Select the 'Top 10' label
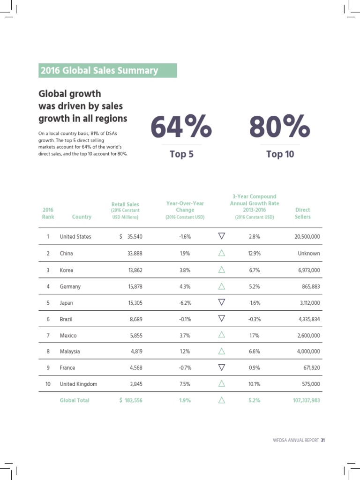coord(280,154)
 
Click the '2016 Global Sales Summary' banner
coord(107,70)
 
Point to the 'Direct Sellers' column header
coord(302,213)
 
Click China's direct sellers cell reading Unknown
coord(308,253)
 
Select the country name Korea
coord(67,270)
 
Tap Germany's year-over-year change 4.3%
coord(184,286)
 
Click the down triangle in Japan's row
coord(222,302)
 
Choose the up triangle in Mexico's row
coord(222,335)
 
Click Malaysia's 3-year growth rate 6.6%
coord(254,352)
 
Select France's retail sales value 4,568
coord(135,368)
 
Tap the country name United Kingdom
coord(78,384)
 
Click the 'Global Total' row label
coord(74,400)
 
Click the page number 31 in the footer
coord(323,440)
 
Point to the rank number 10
coord(48,384)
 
